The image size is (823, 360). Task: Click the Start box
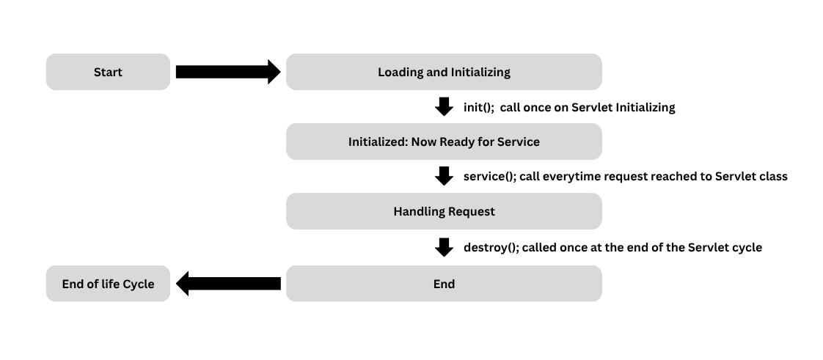[x=108, y=72]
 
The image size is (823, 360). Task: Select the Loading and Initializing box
[x=444, y=72]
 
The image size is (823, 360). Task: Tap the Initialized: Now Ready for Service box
[x=444, y=142]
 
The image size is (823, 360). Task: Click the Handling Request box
[x=444, y=211]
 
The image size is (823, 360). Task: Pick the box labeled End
[x=444, y=284]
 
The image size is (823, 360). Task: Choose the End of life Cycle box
[x=108, y=284]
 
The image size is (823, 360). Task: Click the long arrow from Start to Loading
[x=227, y=72]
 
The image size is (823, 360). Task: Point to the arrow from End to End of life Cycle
[x=229, y=284]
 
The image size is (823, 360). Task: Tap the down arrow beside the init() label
[x=444, y=106]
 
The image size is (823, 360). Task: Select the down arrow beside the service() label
[x=444, y=176]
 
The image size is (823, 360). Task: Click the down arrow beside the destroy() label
[x=444, y=247]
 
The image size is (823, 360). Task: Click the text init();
[x=478, y=107]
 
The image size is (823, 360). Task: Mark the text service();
[x=489, y=177]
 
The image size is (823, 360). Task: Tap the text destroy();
[x=491, y=248]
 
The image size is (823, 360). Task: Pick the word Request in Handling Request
[x=469, y=211]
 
